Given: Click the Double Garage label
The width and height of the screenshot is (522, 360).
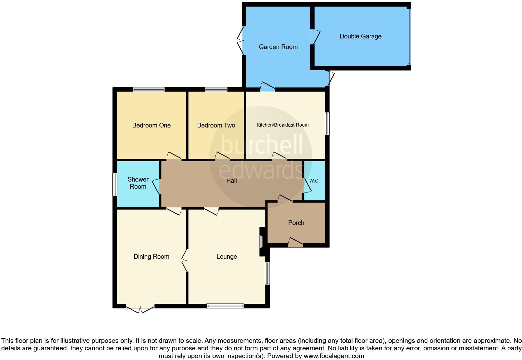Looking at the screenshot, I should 360,36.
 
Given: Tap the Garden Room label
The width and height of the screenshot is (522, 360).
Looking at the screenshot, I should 278,47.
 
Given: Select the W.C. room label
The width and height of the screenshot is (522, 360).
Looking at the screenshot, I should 314,181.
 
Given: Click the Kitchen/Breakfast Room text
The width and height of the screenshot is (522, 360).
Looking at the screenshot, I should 283,125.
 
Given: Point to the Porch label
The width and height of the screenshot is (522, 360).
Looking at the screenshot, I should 296,223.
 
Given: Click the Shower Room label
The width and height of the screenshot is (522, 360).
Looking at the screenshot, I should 138,183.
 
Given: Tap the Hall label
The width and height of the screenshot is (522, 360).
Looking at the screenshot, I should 231,181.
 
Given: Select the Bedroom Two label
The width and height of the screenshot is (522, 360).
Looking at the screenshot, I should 216,125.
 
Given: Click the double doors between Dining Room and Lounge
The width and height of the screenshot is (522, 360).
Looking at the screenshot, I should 185,260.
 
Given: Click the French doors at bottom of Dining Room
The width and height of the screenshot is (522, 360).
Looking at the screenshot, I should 140,308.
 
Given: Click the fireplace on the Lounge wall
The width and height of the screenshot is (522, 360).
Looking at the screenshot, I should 261,241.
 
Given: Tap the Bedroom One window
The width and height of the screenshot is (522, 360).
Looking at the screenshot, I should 149,90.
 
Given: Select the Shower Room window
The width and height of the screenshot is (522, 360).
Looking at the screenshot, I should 115,184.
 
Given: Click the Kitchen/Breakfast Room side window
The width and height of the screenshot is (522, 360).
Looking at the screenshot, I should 327,124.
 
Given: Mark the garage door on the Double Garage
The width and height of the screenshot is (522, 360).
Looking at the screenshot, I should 409,37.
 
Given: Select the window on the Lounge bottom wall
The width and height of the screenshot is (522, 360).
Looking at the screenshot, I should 225,306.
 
